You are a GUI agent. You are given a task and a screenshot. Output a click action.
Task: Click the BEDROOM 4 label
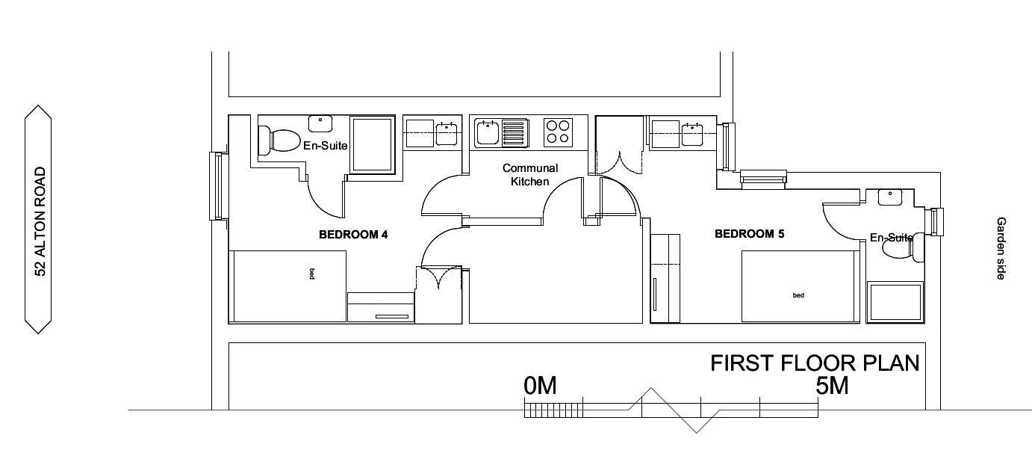[x=353, y=235]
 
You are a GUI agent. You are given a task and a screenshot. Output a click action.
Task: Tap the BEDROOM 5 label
[x=749, y=234]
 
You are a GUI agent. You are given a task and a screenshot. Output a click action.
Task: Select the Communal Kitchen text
[x=530, y=175]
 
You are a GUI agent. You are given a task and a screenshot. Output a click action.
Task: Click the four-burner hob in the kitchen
[x=558, y=132]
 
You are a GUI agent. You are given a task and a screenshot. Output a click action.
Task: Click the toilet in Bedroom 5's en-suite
[x=904, y=246]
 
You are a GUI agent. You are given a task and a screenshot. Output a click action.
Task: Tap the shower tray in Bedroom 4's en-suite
[x=373, y=144]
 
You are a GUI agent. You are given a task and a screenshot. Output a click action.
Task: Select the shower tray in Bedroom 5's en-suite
[x=895, y=302]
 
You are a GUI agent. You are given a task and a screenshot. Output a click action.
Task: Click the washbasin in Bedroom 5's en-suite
[x=889, y=197]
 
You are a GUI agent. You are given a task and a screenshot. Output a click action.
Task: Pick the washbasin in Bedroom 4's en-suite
[x=320, y=123]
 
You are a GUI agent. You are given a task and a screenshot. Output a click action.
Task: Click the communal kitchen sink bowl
[x=488, y=133]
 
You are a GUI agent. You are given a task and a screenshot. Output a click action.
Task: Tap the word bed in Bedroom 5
[x=798, y=295]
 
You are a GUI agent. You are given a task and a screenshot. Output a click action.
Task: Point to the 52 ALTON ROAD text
[x=40, y=222]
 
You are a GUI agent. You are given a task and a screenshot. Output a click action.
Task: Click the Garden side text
[x=1001, y=248]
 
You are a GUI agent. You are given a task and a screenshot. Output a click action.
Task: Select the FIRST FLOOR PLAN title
[x=815, y=363]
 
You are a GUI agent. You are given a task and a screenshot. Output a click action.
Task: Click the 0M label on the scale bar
[x=540, y=386]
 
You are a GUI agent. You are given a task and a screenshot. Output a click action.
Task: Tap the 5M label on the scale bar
[x=832, y=386]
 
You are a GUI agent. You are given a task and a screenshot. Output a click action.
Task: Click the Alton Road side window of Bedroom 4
[x=219, y=186]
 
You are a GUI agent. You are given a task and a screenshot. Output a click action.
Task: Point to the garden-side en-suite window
[x=937, y=222]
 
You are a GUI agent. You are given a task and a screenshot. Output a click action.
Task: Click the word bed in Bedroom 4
[x=312, y=274]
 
